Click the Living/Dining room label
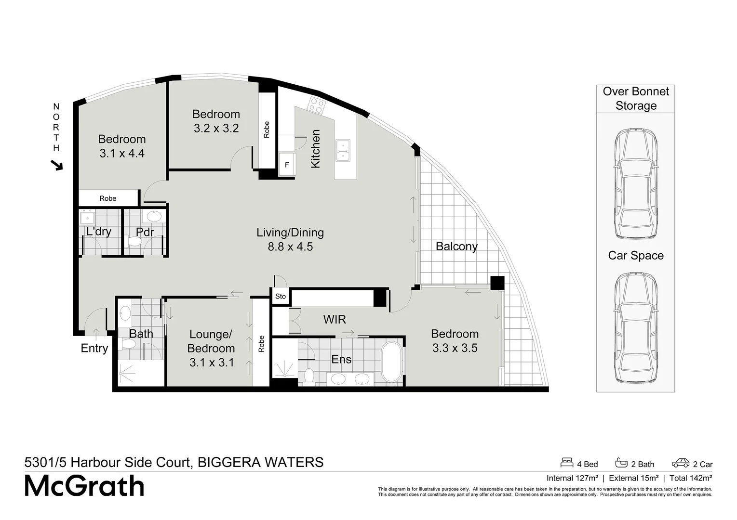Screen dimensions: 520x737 pyautogui.click(x=290, y=233)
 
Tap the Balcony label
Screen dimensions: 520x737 pyautogui.click(x=456, y=247)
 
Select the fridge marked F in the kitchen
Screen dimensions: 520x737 pyautogui.click(x=287, y=165)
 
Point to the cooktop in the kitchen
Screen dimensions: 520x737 pyautogui.click(x=317, y=105)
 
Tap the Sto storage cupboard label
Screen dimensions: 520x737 pyautogui.click(x=281, y=297)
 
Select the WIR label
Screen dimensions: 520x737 pyautogui.click(x=335, y=319)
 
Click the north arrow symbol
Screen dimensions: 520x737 pyautogui.click(x=57, y=166)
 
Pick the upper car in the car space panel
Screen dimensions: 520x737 pyautogui.click(x=635, y=183)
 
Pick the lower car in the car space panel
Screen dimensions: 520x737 pyautogui.click(x=635, y=328)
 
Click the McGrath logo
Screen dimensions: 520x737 pyautogui.click(x=85, y=486)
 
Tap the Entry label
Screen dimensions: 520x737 pyautogui.click(x=94, y=348)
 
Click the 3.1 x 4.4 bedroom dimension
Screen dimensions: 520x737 pyautogui.click(x=122, y=154)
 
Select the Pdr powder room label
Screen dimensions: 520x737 pyautogui.click(x=145, y=232)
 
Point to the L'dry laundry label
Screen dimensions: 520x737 pyautogui.click(x=99, y=232)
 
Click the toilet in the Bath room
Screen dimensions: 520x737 pyautogui.click(x=128, y=344)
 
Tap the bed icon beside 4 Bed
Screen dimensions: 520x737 pyautogui.click(x=567, y=463)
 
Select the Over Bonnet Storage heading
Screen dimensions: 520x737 pyautogui.click(x=636, y=99)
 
